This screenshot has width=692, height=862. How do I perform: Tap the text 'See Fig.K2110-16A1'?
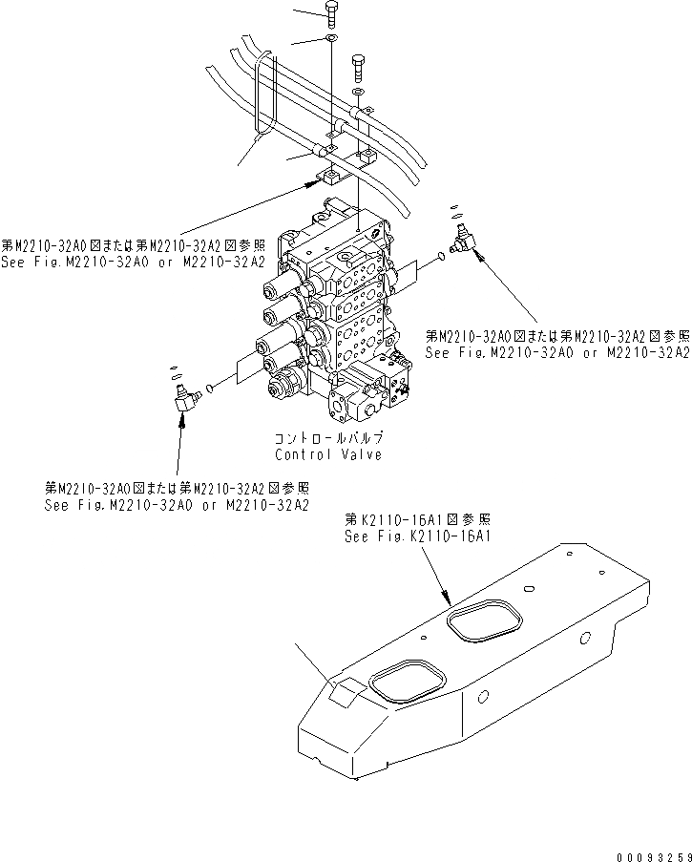pos(417,536)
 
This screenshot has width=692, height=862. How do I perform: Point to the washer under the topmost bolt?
pos(329,38)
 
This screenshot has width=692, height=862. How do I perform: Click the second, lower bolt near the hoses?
pos(358,67)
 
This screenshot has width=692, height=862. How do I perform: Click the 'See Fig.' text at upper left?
pos(131,260)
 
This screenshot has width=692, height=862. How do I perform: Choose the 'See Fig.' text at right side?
pos(557,352)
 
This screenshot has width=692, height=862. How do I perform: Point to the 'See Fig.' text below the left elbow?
pos(177,503)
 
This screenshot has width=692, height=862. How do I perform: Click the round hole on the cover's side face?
pos(484,696)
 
